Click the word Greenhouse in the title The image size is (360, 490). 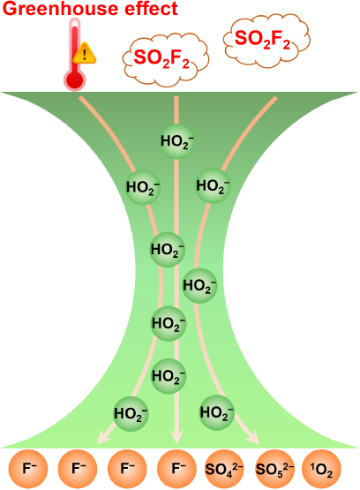pos(61,8)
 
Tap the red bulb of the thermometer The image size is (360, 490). pos(74,80)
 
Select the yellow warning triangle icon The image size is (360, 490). pos(85,54)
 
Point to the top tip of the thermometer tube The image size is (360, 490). pos(75,19)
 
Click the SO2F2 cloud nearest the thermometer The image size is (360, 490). pos(165,59)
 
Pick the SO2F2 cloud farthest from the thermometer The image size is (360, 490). pos(266,40)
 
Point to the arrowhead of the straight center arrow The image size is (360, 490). pos(176,438)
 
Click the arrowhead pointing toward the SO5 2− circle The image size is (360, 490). pos(254,438)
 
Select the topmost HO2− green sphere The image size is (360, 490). pos(177,141)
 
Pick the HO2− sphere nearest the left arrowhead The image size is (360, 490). pos(131,414)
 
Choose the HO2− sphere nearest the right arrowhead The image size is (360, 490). pos(217,412)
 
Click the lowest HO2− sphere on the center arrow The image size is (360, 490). pos(169,376)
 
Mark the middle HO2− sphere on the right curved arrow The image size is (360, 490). pos(199,286)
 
